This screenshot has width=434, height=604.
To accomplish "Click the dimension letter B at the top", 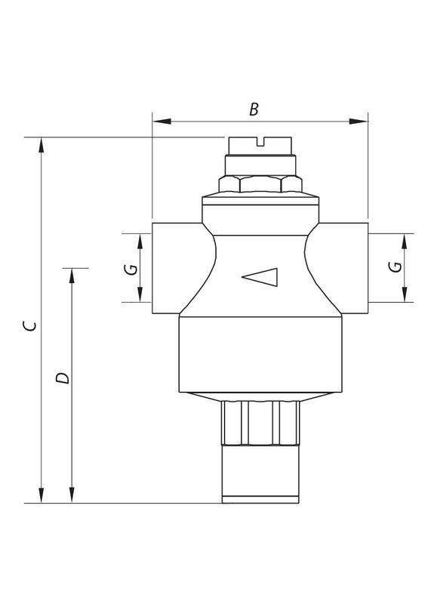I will [x=254, y=109].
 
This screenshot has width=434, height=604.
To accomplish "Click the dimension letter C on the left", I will [x=29, y=325].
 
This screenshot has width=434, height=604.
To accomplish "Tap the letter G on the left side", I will [x=130, y=269].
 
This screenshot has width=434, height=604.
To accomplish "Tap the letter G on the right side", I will [x=394, y=267].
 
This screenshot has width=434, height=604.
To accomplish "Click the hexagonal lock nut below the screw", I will [x=260, y=183].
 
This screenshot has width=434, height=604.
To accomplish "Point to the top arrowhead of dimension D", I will [x=72, y=276].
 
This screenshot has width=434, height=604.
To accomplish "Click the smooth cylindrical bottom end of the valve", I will [x=260, y=476].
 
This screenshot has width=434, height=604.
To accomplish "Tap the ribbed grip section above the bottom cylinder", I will [x=260, y=423].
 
